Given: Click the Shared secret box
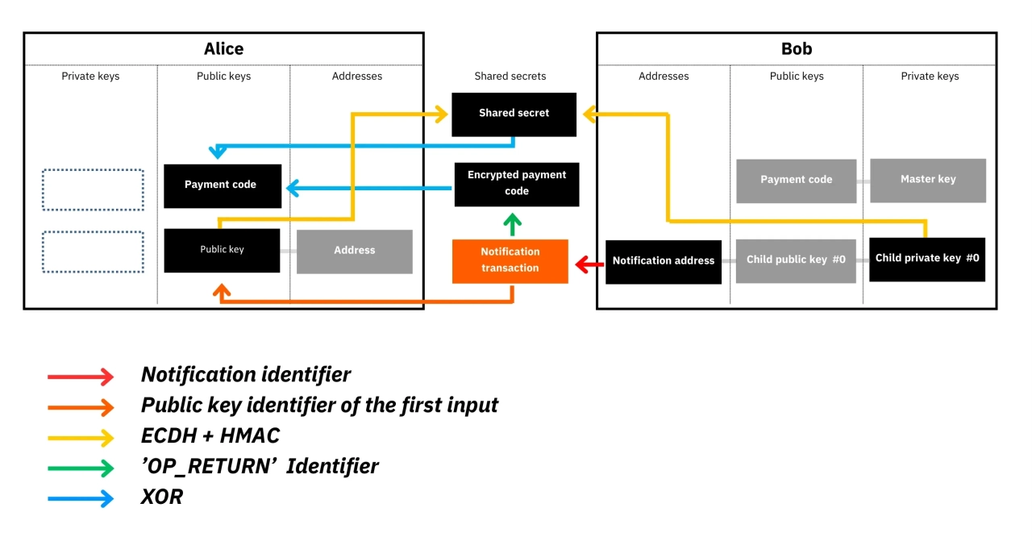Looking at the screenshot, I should click(514, 114).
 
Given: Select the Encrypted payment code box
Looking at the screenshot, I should click(517, 184).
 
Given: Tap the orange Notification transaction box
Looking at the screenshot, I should click(510, 260).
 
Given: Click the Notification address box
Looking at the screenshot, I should click(663, 261).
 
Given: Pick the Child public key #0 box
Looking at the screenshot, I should click(796, 260).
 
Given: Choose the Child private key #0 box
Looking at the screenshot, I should click(927, 259).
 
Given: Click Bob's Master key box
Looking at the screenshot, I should click(928, 180).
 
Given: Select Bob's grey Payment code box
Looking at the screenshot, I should click(796, 180).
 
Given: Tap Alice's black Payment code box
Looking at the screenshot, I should click(222, 185).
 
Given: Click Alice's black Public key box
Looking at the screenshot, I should click(222, 250).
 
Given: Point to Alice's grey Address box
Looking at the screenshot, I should click(355, 251).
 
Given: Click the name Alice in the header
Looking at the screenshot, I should click(223, 49).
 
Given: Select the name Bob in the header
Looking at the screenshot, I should click(797, 49).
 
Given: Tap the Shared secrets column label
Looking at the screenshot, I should click(510, 77).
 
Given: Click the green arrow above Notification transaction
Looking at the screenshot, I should click(512, 223).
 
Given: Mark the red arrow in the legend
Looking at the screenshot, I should click(81, 376).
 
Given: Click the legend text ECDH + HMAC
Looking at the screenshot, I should click(210, 436).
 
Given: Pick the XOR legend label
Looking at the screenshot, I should click(162, 497).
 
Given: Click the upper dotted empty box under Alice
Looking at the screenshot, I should click(93, 190).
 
